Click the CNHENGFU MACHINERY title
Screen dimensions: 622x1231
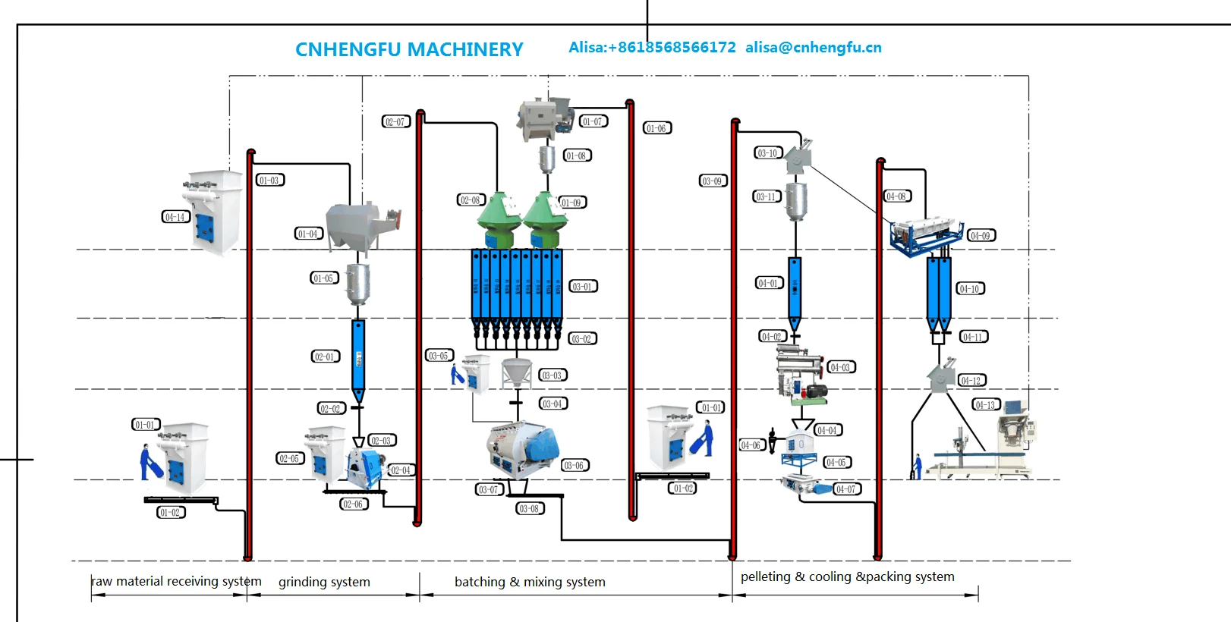click(409, 50)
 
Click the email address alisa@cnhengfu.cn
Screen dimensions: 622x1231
click(813, 48)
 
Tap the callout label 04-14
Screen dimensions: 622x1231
click(175, 217)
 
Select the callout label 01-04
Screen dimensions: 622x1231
click(308, 234)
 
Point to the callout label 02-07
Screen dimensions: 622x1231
click(395, 121)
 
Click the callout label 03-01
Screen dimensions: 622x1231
click(583, 287)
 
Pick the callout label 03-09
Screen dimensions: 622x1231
click(713, 181)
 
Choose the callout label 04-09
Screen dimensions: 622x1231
click(981, 236)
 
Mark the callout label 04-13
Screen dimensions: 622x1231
click(986, 405)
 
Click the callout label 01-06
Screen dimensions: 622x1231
click(656, 128)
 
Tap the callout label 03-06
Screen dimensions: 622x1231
click(575, 466)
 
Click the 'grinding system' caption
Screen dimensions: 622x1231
click(324, 583)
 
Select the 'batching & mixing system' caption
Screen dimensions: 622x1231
click(530, 583)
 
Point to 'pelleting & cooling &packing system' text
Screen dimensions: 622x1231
click(847, 577)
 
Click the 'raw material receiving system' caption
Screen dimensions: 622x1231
click(176, 582)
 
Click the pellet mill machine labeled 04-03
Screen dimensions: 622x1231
click(801, 372)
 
